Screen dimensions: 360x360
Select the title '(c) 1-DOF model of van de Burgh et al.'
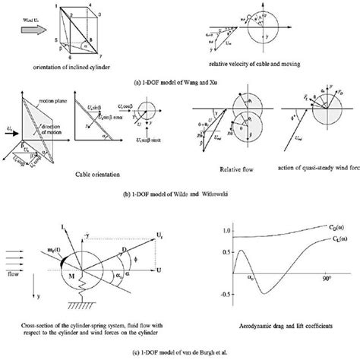pyautogui.click(x=180, y=353)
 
